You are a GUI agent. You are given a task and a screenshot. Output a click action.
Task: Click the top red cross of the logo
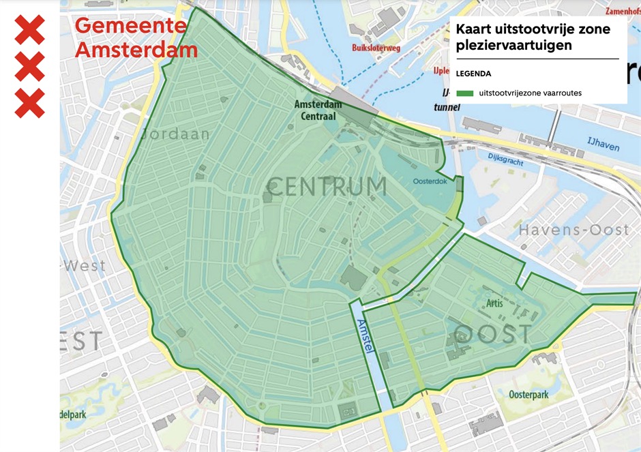click(29, 29)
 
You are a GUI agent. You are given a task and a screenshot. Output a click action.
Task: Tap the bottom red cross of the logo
click(29, 103)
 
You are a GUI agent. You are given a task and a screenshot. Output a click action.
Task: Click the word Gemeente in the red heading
click(130, 26)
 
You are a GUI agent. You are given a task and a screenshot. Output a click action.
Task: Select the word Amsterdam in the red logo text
click(136, 50)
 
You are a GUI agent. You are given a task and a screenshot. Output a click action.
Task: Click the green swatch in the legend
click(465, 93)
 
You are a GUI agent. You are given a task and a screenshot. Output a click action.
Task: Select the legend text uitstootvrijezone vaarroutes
click(530, 93)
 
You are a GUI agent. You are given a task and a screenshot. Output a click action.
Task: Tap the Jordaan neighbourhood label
click(175, 134)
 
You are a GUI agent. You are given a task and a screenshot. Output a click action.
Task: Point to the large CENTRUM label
click(327, 186)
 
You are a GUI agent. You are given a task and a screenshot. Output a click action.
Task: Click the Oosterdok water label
click(430, 181)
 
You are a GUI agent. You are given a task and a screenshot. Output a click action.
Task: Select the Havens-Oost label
click(573, 230)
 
